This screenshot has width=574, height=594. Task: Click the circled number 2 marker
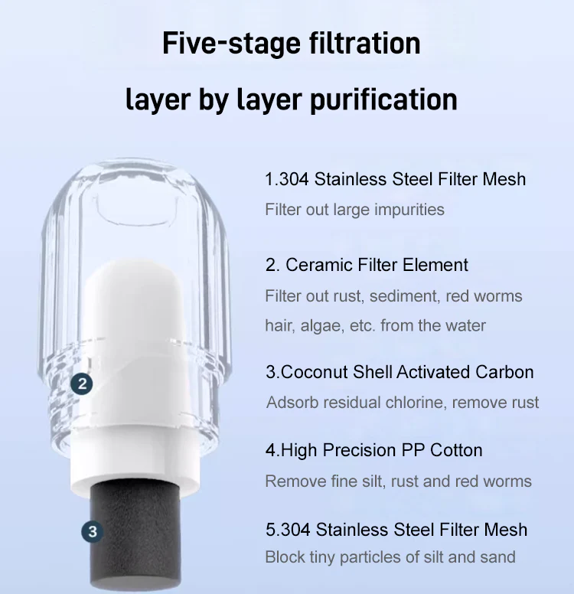pos(83,383)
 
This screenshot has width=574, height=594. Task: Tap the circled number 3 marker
pos(92,531)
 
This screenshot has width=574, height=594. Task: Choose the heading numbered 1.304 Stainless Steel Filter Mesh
pos(395,179)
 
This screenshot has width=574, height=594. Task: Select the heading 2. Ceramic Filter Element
pos(367,265)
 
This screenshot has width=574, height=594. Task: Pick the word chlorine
pos(435,402)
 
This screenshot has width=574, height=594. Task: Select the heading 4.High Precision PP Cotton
pos(373,450)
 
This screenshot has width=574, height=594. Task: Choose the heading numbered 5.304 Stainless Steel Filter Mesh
pos(396,529)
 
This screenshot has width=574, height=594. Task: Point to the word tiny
pos(323,557)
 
